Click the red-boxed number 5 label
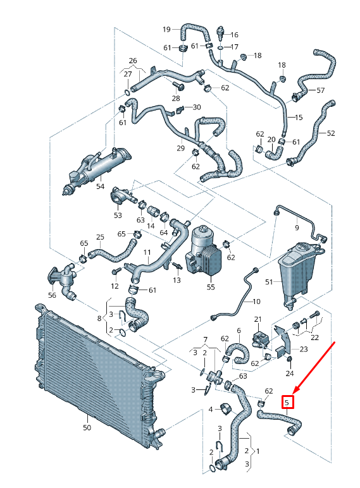coord(287,401)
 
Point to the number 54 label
coord(100,187)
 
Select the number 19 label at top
coord(166,29)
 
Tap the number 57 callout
coord(320,90)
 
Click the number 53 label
coord(118,216)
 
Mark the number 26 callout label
coord(133,61)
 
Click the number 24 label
coord(290,373)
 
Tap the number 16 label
coord(234,34)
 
